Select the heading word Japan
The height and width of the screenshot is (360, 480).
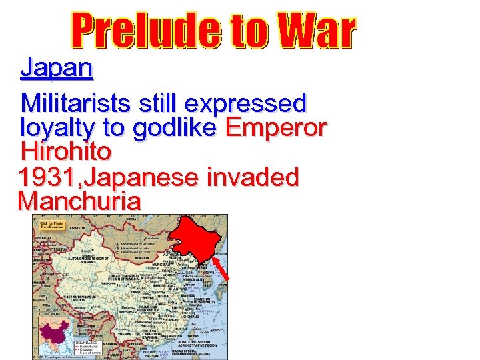57,67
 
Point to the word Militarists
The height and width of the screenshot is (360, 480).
77,103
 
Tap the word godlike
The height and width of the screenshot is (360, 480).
174,128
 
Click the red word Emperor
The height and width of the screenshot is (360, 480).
276,128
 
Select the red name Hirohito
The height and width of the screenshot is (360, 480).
66,151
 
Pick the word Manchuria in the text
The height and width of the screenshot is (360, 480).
79,201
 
